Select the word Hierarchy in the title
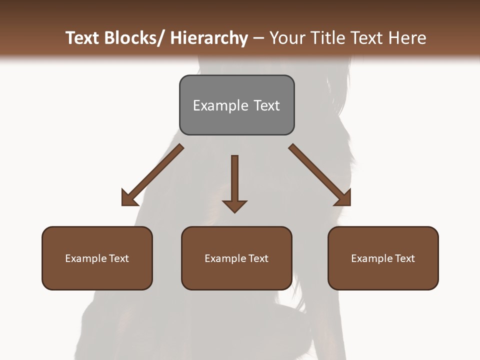coord(209,38)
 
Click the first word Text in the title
coord(83,38)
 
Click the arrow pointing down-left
coord(152,175)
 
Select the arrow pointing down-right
coord(320,175)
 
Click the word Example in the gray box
coord(213,105)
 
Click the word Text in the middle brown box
coord(258,258)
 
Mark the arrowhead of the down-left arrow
coord(129,198)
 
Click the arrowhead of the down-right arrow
coord(343,198)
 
